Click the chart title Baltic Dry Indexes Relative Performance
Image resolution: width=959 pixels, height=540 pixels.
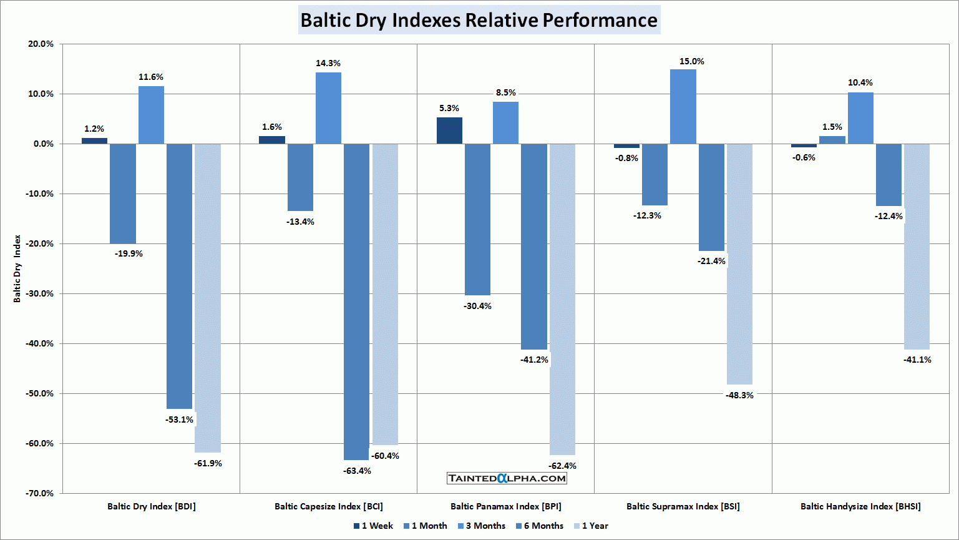pyautogui.click(x=479, y=20)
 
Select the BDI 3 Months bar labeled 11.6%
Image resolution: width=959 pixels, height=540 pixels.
pyautogui.click(x=151, y=115)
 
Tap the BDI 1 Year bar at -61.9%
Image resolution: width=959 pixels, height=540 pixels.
pyautogui.click(x=208, y=298)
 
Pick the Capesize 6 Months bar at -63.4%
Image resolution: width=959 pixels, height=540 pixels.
pyautogui.click(x=356, y=302)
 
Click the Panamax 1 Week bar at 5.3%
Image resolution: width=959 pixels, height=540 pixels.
pyautogui.click(x=449, y=130)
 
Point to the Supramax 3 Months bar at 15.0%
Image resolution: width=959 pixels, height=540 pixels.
pyautogui.click(x=683, y=107)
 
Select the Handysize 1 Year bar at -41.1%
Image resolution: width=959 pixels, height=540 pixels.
pyautogui.click(x=917, y=247)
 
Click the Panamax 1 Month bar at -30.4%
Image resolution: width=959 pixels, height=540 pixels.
pyautogui.click(x=477, y=219)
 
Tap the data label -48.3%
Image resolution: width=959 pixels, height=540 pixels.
pyautogui.click(x=739, y=395)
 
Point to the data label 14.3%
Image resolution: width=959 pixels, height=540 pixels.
pyautogui.click(x=328, y=63)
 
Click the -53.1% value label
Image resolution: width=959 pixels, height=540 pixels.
pyautogui.click(x=180, y=420)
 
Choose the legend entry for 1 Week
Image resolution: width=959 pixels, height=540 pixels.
pyautogui.click(x=373, y=526)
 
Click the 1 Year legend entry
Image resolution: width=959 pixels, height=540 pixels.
pyautogui.click(x=590, y=526)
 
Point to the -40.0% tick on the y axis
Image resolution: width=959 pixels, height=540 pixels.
pyautogui.click(x=40, y=343)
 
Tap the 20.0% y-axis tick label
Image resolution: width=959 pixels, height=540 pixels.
pyautogui.click(x=41, y=44)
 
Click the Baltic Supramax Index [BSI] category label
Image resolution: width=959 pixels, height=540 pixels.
pyautogui.click(x=683, y=506)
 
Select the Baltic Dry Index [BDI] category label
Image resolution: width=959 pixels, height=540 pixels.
pyautogui.click(x=152, y=506)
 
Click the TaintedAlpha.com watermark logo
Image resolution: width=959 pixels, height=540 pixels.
pyautogui.click(x=507, y=478)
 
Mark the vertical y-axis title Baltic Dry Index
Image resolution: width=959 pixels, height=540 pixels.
pyautogui.click(x=17, y=268)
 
